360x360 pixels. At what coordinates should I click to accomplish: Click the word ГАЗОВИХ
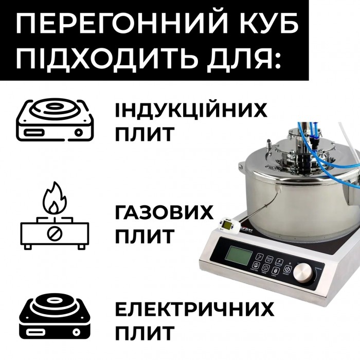point(164,213)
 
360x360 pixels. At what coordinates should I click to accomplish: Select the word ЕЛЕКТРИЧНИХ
point(195,309)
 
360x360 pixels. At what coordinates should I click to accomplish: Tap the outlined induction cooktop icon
point(55,120)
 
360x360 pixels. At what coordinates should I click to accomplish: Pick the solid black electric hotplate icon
point(55,318)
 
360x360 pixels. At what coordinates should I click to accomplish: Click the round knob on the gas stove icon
point(55,233)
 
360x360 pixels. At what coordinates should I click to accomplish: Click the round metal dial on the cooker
point(303,272)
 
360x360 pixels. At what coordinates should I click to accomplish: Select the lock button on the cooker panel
point(275,271)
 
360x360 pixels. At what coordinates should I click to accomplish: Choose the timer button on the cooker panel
point(266,268)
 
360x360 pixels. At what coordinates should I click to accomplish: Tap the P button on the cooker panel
point(279,262)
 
